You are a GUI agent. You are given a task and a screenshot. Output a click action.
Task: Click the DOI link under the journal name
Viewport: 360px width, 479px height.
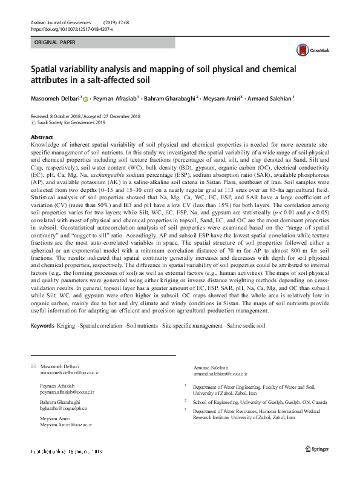click(x=71, y=28)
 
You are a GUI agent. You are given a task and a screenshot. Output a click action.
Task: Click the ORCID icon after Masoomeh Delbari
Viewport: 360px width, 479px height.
click(x=85, y=98)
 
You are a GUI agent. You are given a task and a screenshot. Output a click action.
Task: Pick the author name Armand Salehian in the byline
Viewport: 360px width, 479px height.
click(x=270, y=97)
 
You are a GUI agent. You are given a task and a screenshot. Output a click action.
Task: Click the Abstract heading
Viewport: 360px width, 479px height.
click(x=42, y=138)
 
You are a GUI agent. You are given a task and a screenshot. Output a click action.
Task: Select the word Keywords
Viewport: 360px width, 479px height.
click(x=42, y=326)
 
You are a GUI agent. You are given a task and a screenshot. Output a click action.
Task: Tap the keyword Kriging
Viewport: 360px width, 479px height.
click(x=67, y=326)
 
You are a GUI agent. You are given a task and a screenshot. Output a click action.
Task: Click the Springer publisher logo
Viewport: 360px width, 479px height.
click(x=318, y=449)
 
